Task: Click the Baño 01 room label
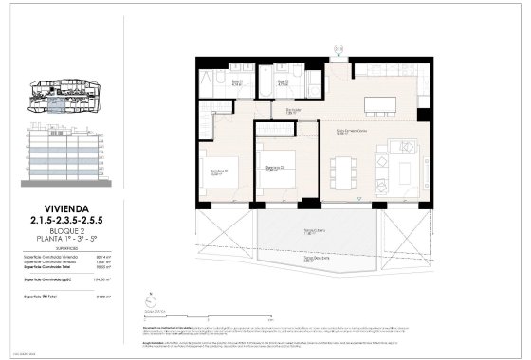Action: (x=240, y=83)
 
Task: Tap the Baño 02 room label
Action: (x=283, y=82)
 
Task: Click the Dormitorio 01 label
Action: (x=217, y=172)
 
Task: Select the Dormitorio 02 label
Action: (x=275, y=169)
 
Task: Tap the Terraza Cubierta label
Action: (x=310, y=230)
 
